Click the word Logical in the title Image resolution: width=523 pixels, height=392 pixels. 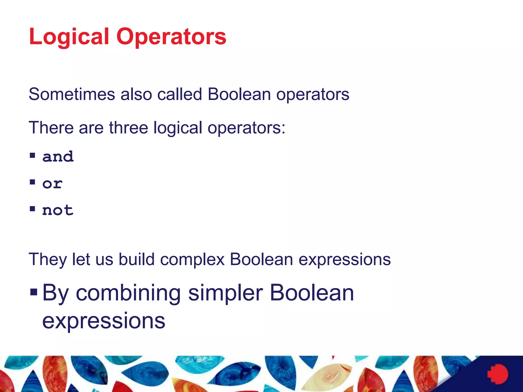click(x=69, y=37)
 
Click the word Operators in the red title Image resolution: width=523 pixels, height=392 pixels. click(x=171, y=37)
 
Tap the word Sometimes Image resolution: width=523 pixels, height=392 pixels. click(x=72, y=94)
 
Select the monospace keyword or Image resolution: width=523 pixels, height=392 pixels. click(x=52, y=183)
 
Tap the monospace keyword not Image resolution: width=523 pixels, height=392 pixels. click(x=58, y=210)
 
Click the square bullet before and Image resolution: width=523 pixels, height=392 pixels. click(x=32, y=155)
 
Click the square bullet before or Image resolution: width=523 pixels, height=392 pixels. click(x=32, y=182)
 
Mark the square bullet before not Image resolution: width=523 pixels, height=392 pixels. click(x=32, y=209)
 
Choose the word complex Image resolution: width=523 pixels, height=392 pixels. click(x=192, y=259)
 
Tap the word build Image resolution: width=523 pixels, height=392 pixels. click(x=137, y=259)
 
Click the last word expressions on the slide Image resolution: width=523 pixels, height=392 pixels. click(x=104, y=321)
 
